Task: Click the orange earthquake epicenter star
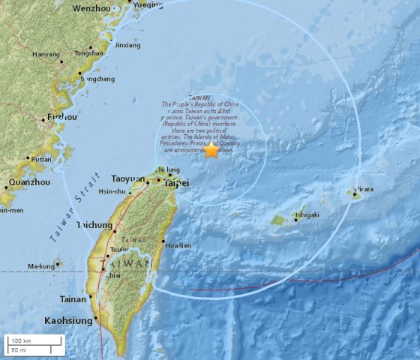pos(211,150)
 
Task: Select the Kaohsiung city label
pos(69,321)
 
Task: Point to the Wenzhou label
pos(94,8)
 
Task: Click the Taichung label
pos(94,225)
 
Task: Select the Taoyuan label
pos(127,179)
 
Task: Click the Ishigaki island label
pos(306,214)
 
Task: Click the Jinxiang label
pos(127,45)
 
